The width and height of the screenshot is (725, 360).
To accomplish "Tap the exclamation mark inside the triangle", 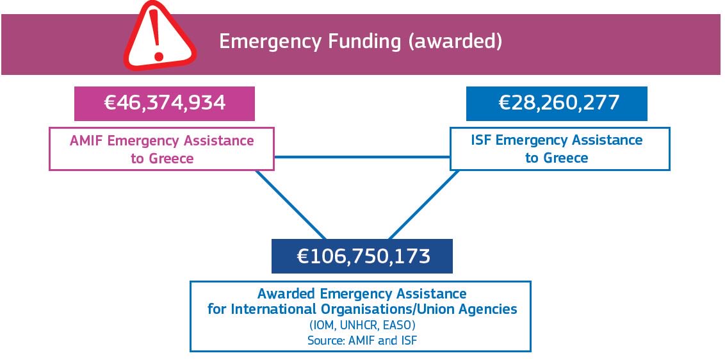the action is pos(154,33).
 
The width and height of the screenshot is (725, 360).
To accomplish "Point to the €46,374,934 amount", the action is pos(165,102).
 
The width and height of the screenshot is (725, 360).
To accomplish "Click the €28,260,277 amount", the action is pos(557,102).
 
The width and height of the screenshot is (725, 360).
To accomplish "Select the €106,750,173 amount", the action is pos(362,256).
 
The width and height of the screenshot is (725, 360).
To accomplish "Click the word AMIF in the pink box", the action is pos(86,141).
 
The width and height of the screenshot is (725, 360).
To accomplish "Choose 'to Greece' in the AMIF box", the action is pos(162,158).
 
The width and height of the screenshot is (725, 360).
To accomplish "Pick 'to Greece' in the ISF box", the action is pos(557,158).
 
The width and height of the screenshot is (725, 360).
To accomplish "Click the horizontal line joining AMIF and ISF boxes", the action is pos(362,156).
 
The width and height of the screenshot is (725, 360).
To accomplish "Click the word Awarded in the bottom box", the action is pos(287,294).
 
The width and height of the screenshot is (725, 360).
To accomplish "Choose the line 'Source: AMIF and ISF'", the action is pos(362,340).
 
